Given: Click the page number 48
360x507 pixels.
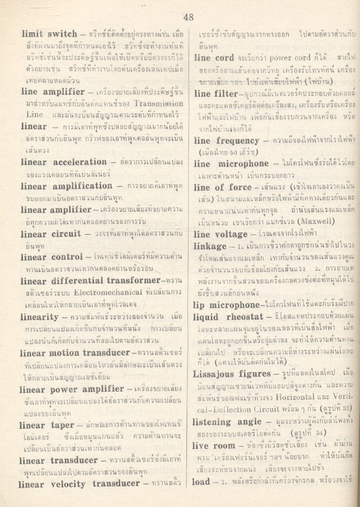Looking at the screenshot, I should point(188,16).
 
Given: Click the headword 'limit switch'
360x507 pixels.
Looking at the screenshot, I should point(50,34).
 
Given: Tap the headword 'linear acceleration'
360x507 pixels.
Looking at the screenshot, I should point(64,162).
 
